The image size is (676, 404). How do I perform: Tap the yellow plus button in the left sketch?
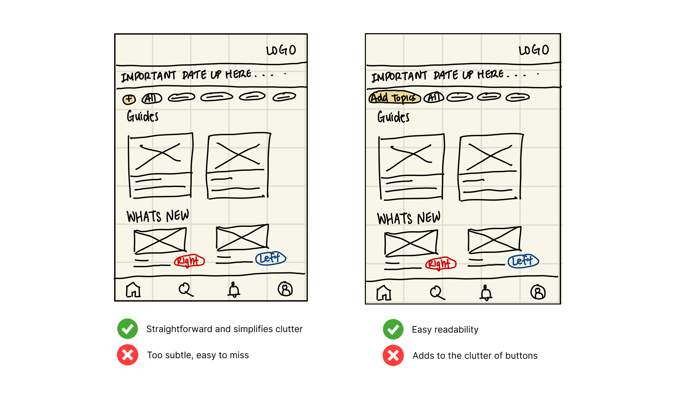pos(129,99)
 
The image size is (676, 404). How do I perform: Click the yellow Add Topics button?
pos(394,98)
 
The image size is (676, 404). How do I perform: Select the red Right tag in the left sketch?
pos(189,261)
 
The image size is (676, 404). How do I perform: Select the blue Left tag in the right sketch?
pos(523,261)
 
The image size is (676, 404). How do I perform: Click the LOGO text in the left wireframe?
pos(281,50)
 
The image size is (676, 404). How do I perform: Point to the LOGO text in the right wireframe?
pos(533,50)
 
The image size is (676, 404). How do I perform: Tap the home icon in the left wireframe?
pos(133,290)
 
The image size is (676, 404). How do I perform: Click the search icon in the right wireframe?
pos(437,293)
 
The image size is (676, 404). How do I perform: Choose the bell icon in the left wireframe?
pos(234,290)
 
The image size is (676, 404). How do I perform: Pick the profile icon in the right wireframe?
pos(538,292)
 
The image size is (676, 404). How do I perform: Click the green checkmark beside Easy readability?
pos(393,329)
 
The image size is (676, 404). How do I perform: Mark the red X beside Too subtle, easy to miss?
pos(128,355)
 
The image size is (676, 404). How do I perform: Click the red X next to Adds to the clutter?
pos(393,356)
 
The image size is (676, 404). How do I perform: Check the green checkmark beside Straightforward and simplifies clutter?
pos(128,329)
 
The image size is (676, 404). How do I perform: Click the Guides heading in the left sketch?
pos(143,116)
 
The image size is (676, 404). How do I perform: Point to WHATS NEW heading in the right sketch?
pos(409,218)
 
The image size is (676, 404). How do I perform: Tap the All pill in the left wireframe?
pos(152,98)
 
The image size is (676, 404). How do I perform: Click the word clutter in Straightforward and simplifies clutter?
pos(289,329)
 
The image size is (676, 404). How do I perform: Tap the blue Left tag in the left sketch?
pos(270,258)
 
